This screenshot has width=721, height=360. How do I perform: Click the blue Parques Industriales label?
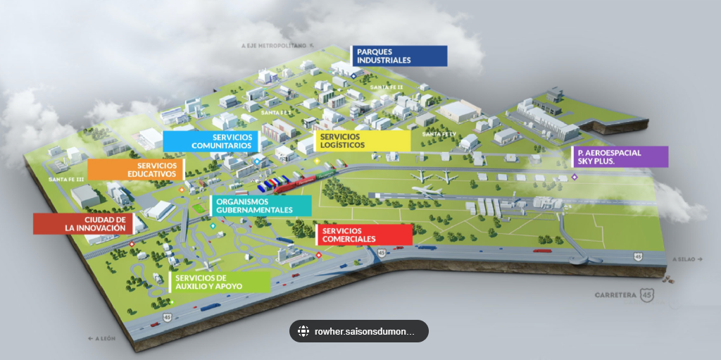click(x=399, y=56)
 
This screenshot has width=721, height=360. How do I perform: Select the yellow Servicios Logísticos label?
click(x=362, y=141)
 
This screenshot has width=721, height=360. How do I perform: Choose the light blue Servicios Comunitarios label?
click(x=208, y=141)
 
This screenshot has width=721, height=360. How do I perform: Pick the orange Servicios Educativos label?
click(x=135, y=169)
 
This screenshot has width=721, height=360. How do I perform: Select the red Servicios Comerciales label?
click(x=364, y=235)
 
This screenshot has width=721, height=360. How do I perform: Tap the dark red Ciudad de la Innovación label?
click(x=82, y=224)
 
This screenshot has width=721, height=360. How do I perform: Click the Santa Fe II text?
click(x=387, y=87)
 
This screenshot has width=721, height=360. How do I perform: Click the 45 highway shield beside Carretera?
click(x=647, y=295)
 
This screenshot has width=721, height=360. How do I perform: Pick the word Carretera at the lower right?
click(x=615, y=294)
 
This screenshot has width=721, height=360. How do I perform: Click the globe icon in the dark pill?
click(x=303, y=331)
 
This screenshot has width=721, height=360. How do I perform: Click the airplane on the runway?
click(x=428, y=190)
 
